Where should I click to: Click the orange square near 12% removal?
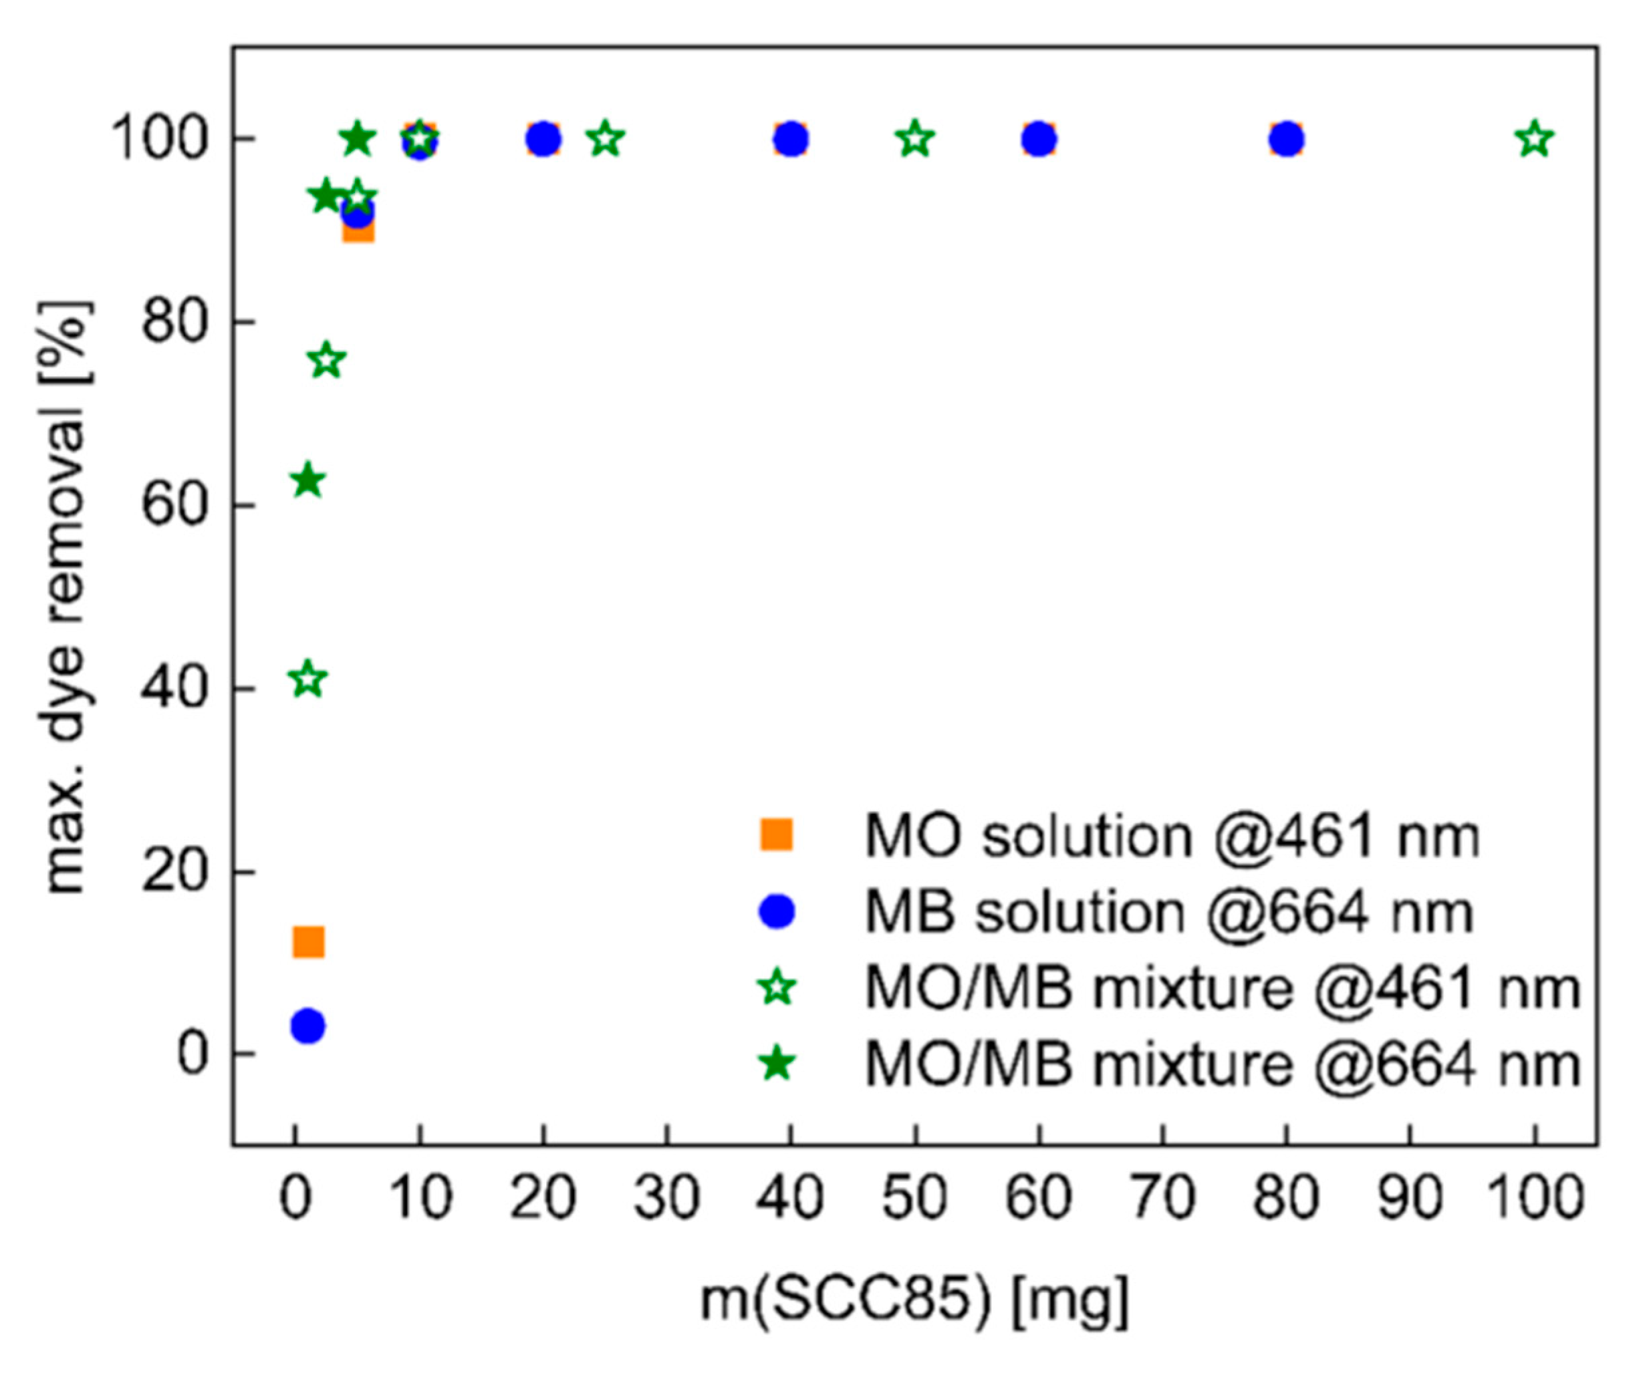pyautogui.click(x=308, y=942)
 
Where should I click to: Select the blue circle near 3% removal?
pyautogui.click(x=308, y=1026)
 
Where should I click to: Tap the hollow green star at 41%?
pyautogui.click(x=308, y=680)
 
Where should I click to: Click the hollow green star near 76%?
pyautogui.click(x=327, y=360)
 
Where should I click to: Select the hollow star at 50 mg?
pyautogui.click(x=915, y=140)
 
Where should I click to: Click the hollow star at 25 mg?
pyautogui.click(x=606, y=140)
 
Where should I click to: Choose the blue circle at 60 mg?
pyautogui.click(x=1038, y=140)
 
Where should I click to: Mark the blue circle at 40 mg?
pyautogui.click(x=791, y=140)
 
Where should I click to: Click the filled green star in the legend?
pyautogui.click(x=777, y=1063)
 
